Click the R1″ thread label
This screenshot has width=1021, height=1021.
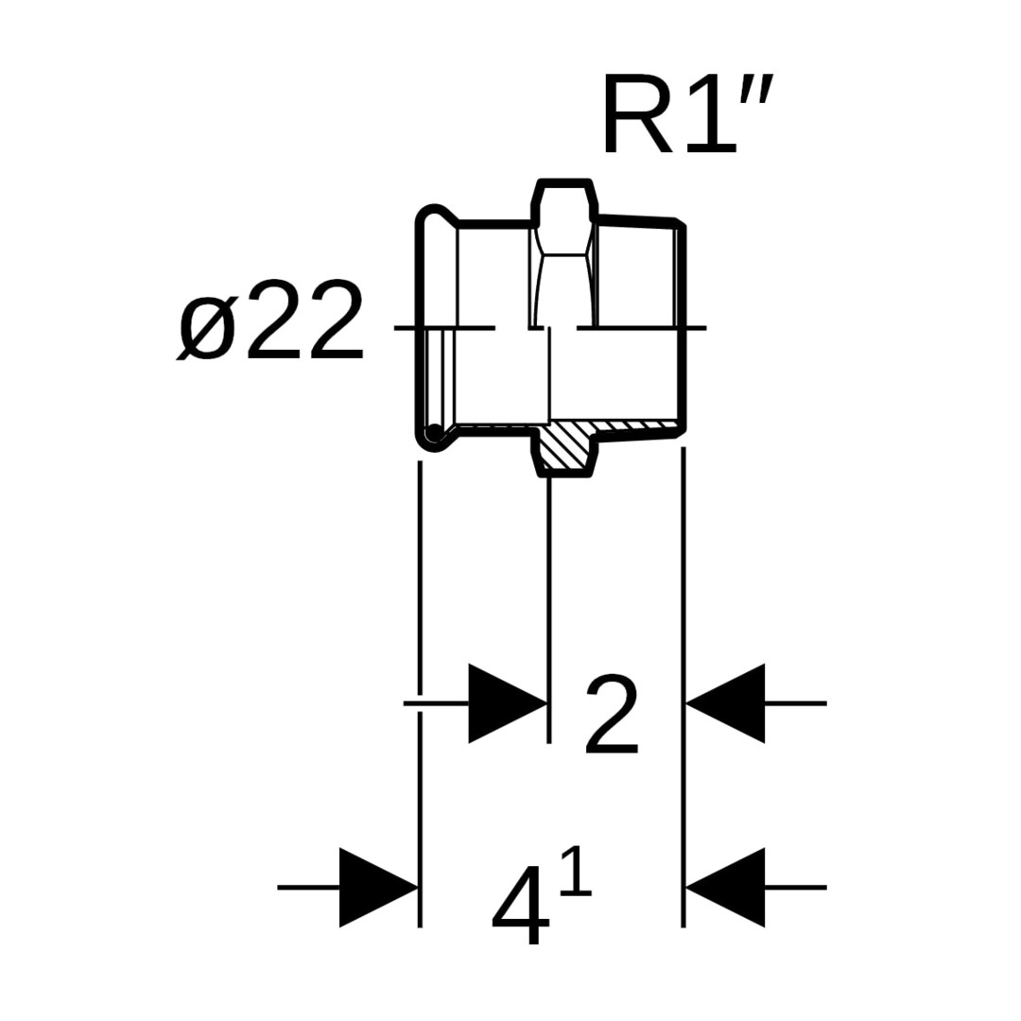click(x=687, y=115)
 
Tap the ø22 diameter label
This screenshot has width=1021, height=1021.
click(x=270, y=321)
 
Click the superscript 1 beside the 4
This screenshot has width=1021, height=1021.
click(x=577, y=872)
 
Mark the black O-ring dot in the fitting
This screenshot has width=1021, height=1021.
click(x=434, y=433)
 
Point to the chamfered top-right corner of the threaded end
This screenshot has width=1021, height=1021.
click(x=678, y=224)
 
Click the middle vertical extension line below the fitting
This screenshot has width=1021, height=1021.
click(x=549, y=605)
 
